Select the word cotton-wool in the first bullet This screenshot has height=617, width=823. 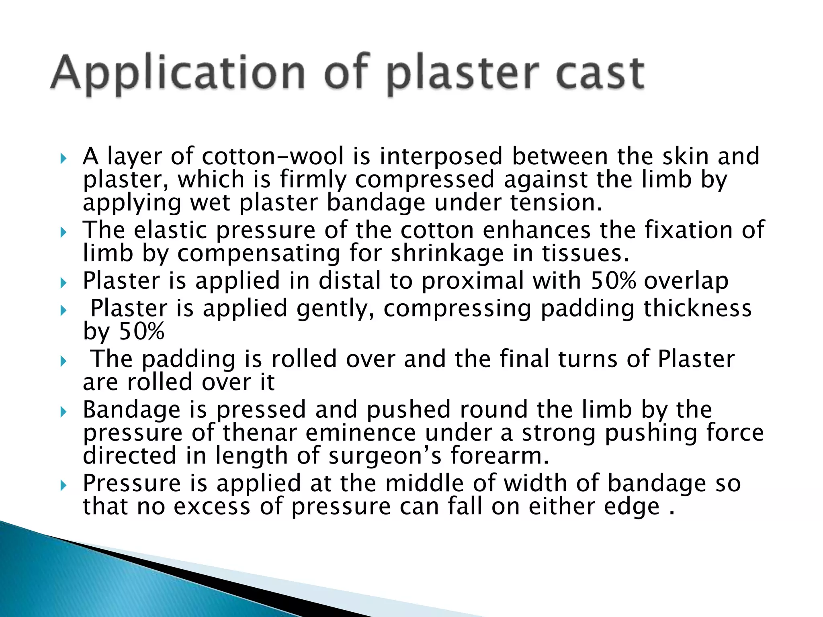tap(273, 156)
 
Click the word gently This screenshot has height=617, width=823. tap(335, 308)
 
